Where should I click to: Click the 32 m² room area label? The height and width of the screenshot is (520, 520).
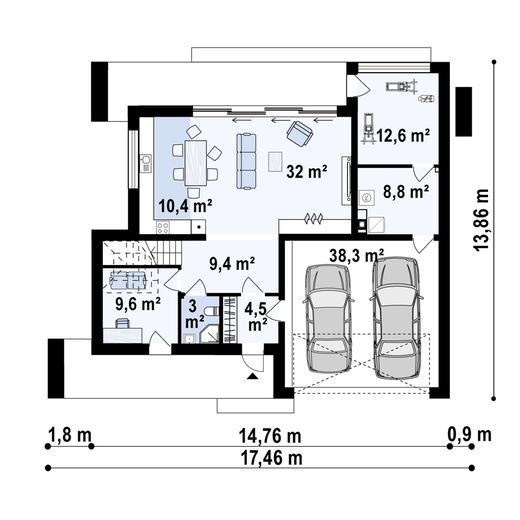[307, 171]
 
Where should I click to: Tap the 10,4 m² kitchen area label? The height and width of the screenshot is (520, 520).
[185, 206]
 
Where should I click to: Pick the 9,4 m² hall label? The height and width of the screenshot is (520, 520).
[231, 265]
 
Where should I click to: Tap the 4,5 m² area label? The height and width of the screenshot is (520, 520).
[256, 315]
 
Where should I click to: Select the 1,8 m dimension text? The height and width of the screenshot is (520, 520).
[70, 436]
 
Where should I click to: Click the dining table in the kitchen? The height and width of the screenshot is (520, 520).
[194, 161]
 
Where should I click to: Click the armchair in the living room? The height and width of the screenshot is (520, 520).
[299, 132]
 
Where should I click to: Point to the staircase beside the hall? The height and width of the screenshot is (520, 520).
[140, 252]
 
